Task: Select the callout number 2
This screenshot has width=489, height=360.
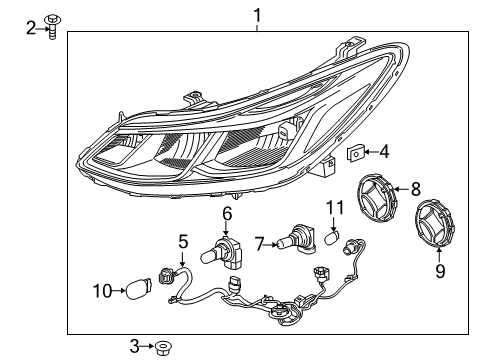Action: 31,28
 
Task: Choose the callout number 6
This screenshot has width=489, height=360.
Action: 227,213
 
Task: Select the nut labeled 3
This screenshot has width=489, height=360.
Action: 159,347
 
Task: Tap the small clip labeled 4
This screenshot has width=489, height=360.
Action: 355,153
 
